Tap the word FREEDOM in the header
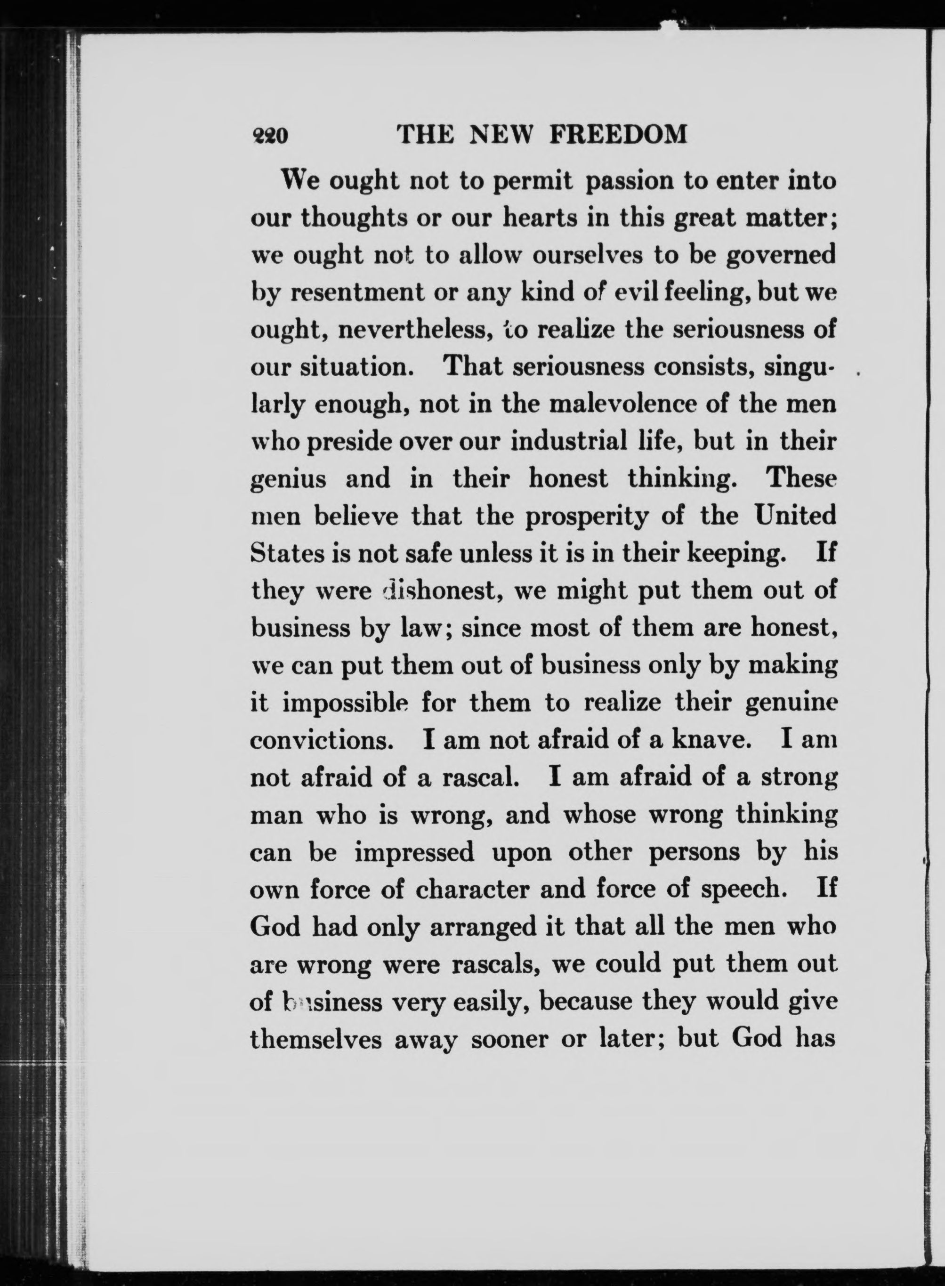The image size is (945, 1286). pyautogui.click(x=618, y=135)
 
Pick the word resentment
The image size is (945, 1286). pyautogui.click(x=357, y=293)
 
